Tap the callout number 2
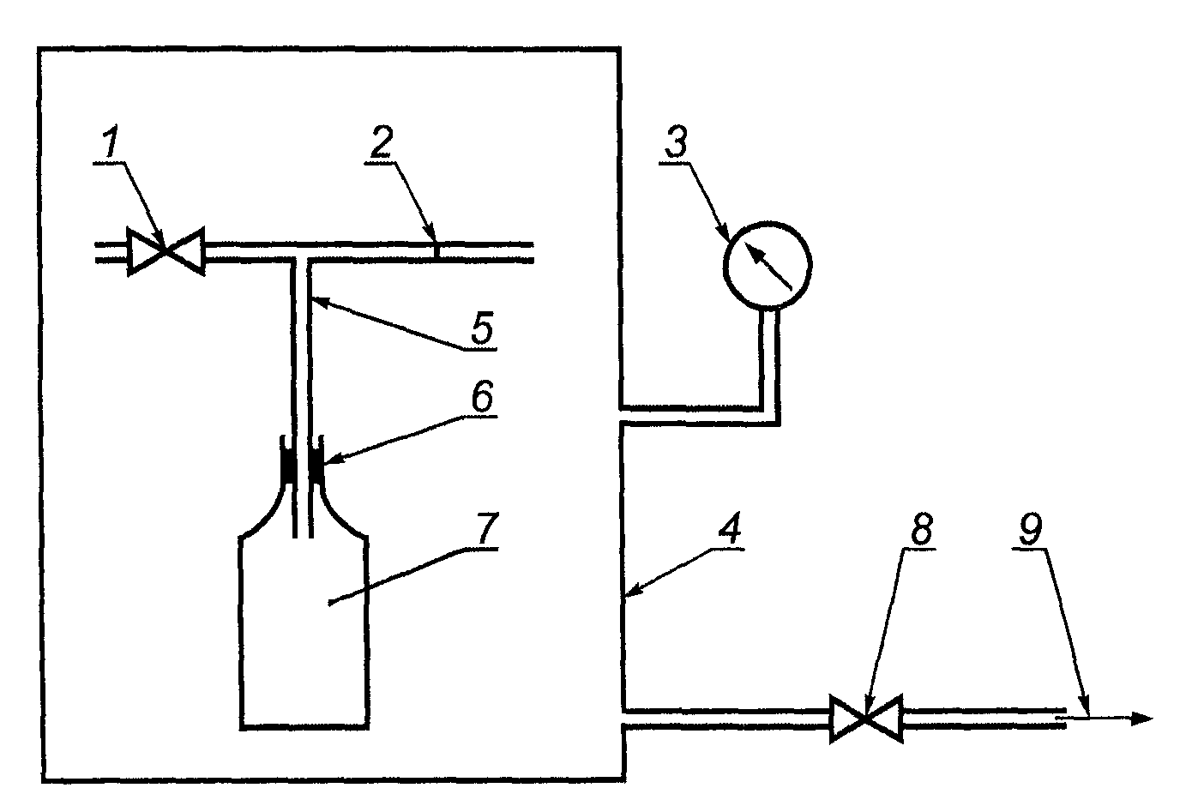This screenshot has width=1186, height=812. tap(382, 141)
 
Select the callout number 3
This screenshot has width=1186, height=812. tap(676, 141)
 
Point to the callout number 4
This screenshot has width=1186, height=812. tap(730, 527)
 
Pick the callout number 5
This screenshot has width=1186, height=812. tap(482, 328)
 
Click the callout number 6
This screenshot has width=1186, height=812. tap(482, 395)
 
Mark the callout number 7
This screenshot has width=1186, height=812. tap(486, 527)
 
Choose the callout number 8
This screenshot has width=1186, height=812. tap(922, 527)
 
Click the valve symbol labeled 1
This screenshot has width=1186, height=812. tap(166, 252)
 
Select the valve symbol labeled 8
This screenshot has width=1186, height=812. tap(866, 719)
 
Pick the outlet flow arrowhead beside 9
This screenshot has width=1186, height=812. tap(1142, 719)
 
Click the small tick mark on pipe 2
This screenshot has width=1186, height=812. tap(436, 251)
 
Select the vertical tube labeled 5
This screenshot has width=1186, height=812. tap(301, 397)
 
